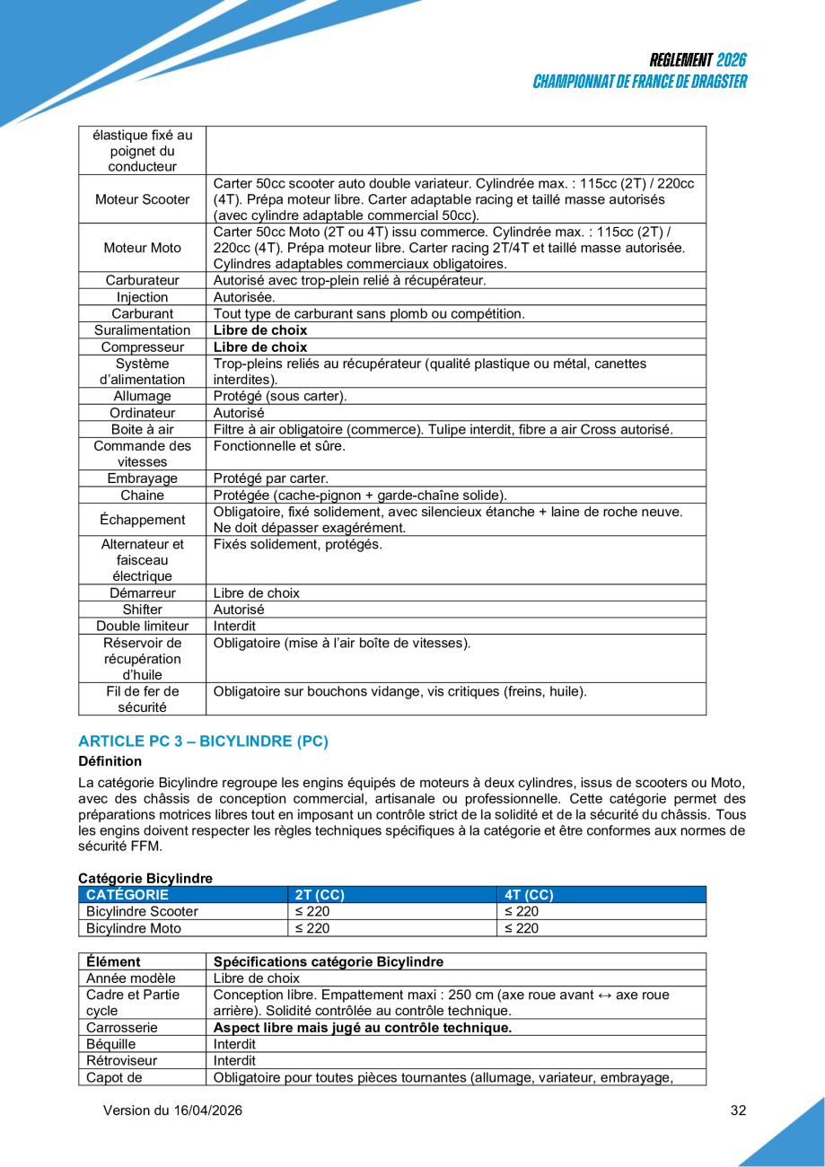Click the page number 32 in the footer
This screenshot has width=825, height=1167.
point(738,1110)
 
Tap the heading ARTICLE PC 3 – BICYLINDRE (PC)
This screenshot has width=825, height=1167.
point(204,741)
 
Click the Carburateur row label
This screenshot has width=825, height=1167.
point(143,280)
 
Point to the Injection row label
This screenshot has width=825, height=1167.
point(143,297)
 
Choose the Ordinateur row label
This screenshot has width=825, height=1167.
point(143,413)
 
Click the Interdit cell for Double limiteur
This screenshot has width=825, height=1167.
point(234,626)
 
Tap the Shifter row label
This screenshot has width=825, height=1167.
point(143,610)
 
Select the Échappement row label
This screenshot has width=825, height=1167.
point(143,520)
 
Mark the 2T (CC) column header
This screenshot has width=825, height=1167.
point(320,895)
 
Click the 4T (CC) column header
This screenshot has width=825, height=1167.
point(529,895)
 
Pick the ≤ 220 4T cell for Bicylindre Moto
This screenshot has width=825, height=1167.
point(522,928)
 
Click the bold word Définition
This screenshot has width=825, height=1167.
point(110,761)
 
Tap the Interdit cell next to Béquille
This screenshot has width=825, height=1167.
point(234,1044)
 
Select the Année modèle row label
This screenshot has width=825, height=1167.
point(131,978)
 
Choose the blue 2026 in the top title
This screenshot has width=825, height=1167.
point(731,61)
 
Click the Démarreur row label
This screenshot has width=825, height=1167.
point(143,592)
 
